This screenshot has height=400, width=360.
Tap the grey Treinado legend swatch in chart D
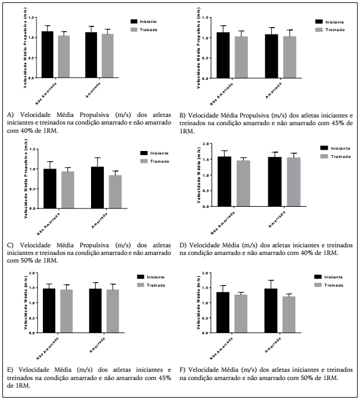[x=325, y=156]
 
